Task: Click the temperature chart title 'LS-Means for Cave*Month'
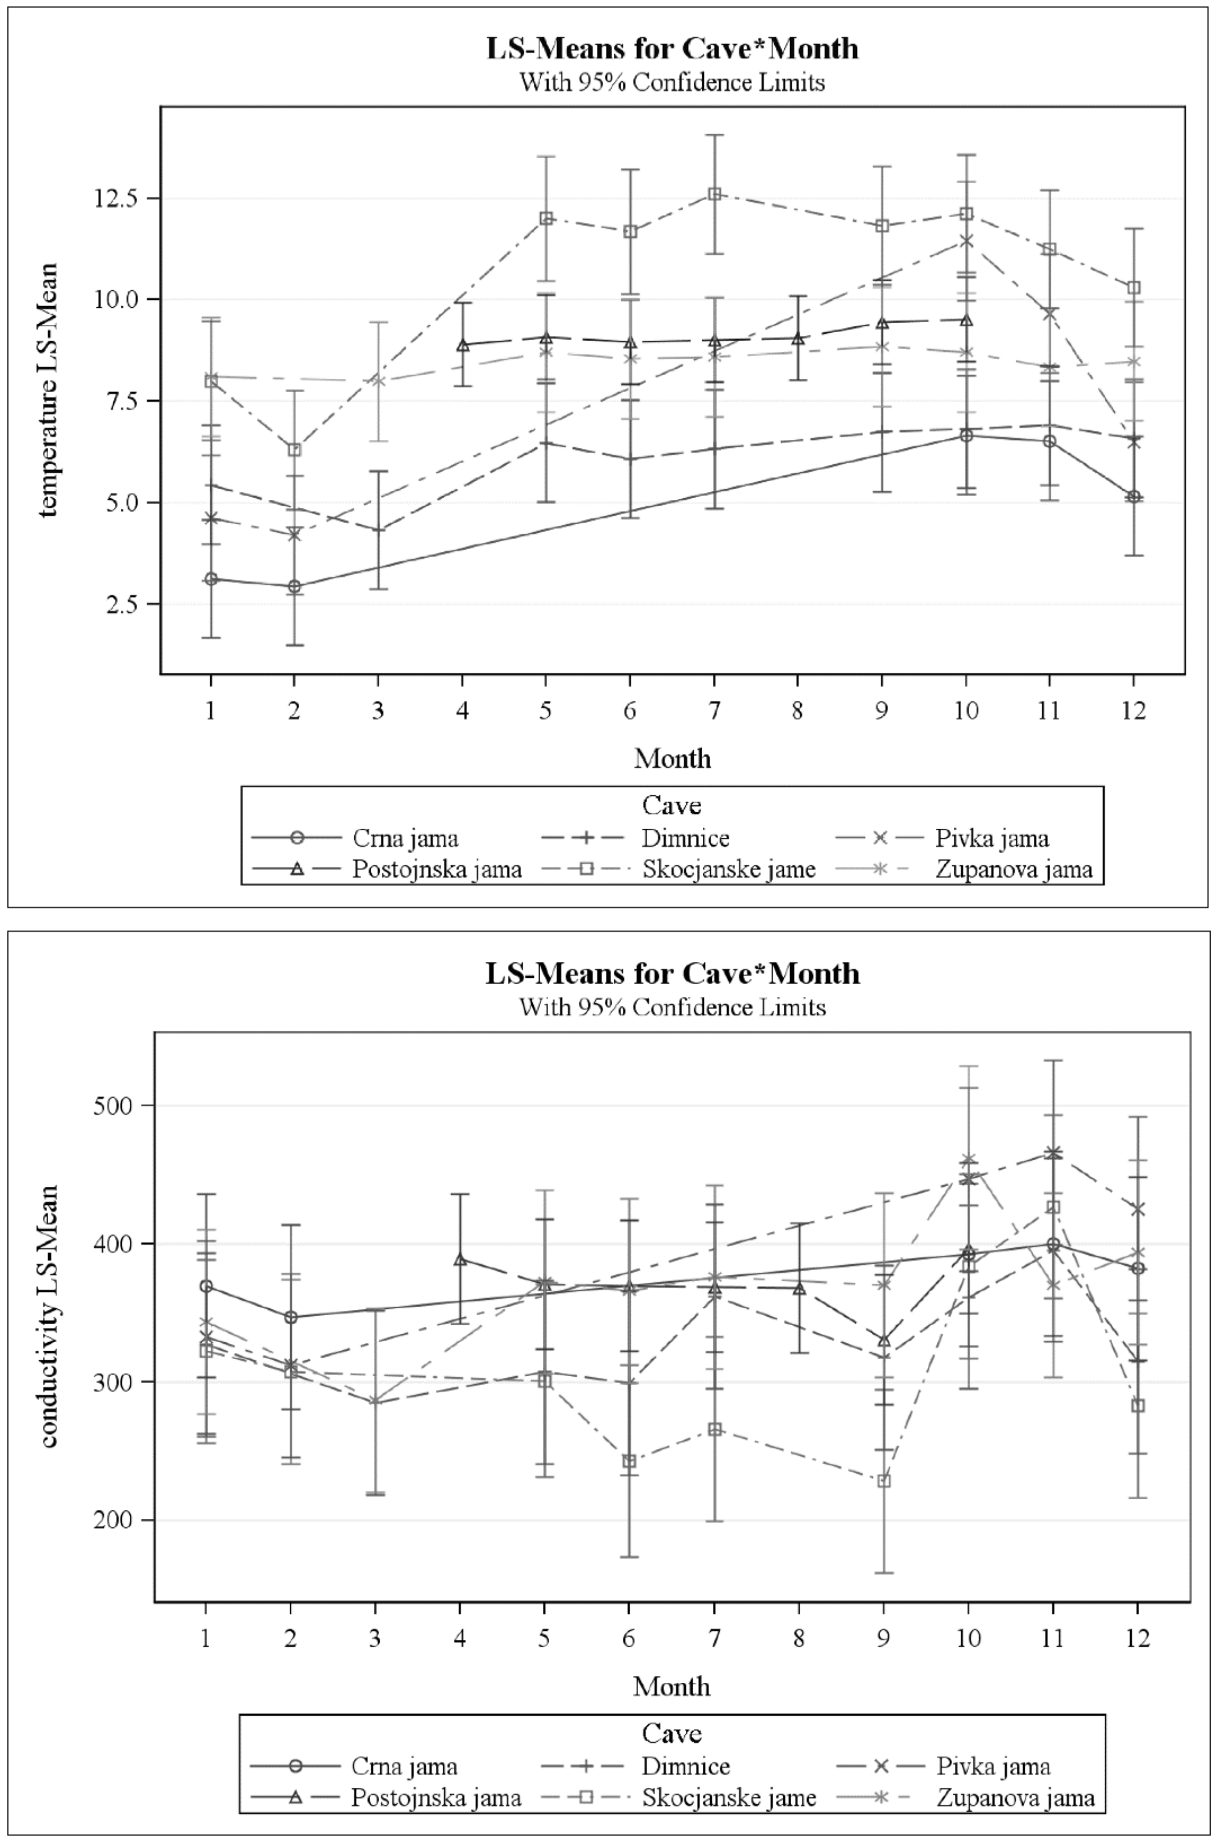(x=672, y=48)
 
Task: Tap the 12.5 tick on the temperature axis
(x=116, y=198)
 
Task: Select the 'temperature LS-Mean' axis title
(x=48, y=390)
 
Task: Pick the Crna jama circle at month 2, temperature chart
(x=294, y=587)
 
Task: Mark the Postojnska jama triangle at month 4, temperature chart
(x=462, y=345)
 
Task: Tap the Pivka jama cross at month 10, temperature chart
(x=966, y=241)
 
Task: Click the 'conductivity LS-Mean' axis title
(x=48, y=1317)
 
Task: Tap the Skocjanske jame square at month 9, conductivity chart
(x=883, y=1481)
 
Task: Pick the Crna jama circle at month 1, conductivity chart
(x=206, y=1286)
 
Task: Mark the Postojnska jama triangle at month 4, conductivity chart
(x=460, y=1259)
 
